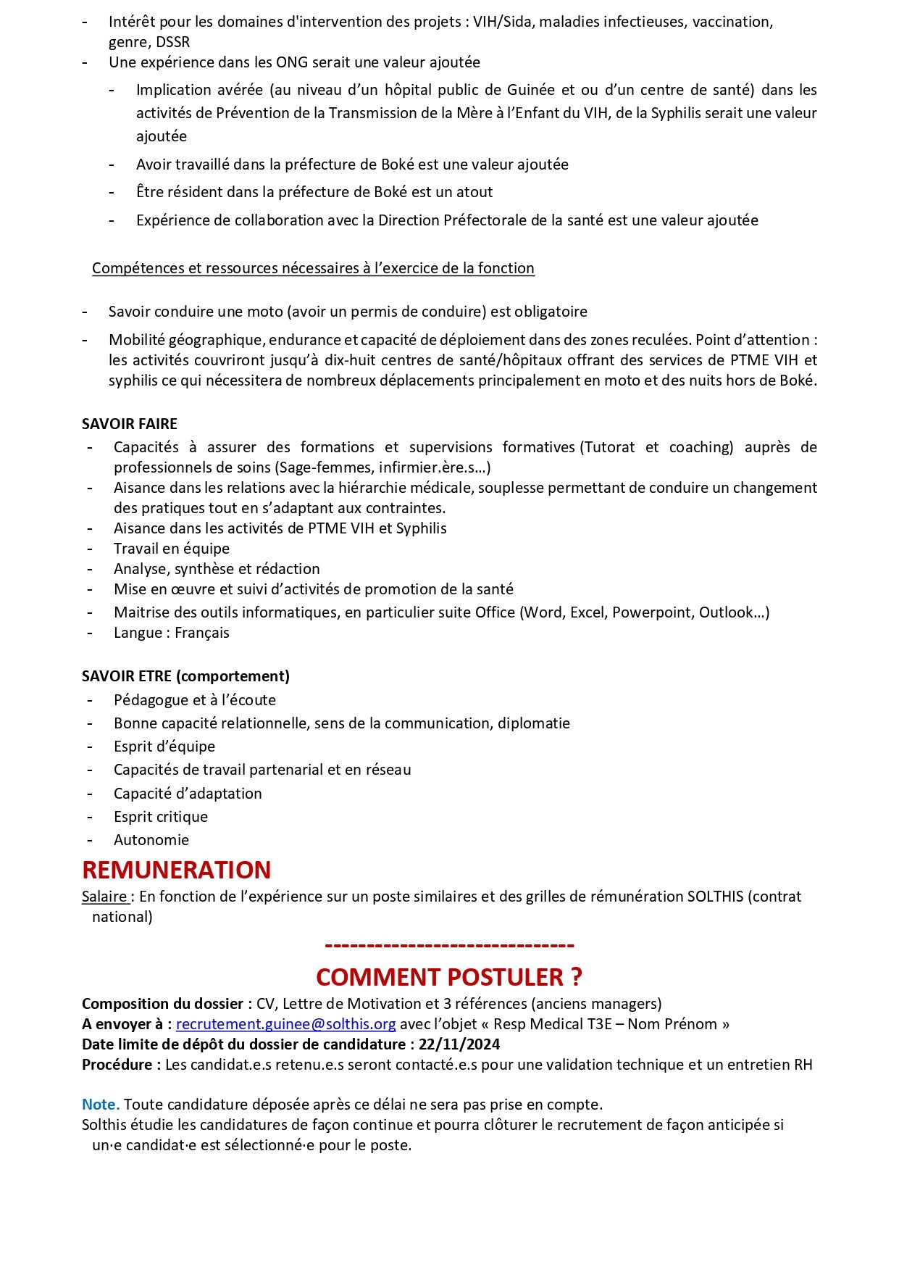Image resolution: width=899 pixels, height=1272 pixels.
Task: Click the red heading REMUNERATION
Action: click(176, 870)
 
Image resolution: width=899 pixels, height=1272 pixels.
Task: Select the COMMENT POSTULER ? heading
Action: click(449, 977)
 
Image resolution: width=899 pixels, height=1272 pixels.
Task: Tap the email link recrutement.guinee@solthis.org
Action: click(285, 1024)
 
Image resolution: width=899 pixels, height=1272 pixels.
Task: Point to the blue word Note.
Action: click(100, 1105)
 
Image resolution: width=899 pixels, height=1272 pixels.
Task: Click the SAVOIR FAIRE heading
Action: click(130, 424)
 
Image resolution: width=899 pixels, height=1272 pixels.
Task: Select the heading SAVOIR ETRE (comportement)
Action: click(185, 676)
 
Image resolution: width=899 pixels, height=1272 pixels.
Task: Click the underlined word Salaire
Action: click(104, 897)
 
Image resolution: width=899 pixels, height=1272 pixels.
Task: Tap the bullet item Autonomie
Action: click(151, 840)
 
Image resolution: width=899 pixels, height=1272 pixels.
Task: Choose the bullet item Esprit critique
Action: click(161, 817)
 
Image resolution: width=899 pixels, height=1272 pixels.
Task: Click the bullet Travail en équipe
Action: click(172, 549)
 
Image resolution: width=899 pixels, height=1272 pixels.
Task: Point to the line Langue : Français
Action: click(172, 633)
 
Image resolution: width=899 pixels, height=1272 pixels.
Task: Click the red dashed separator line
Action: click(449, 945)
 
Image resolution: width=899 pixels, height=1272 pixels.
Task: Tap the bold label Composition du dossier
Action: click(162, 1004)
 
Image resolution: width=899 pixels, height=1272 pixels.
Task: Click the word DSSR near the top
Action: click(173, 42)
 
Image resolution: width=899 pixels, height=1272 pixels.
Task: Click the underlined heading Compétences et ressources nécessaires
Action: click(313, 268)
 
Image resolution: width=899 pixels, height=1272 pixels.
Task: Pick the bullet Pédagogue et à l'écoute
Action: click(195, 700)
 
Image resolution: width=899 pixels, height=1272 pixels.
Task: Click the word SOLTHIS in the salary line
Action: click(715, 897)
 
